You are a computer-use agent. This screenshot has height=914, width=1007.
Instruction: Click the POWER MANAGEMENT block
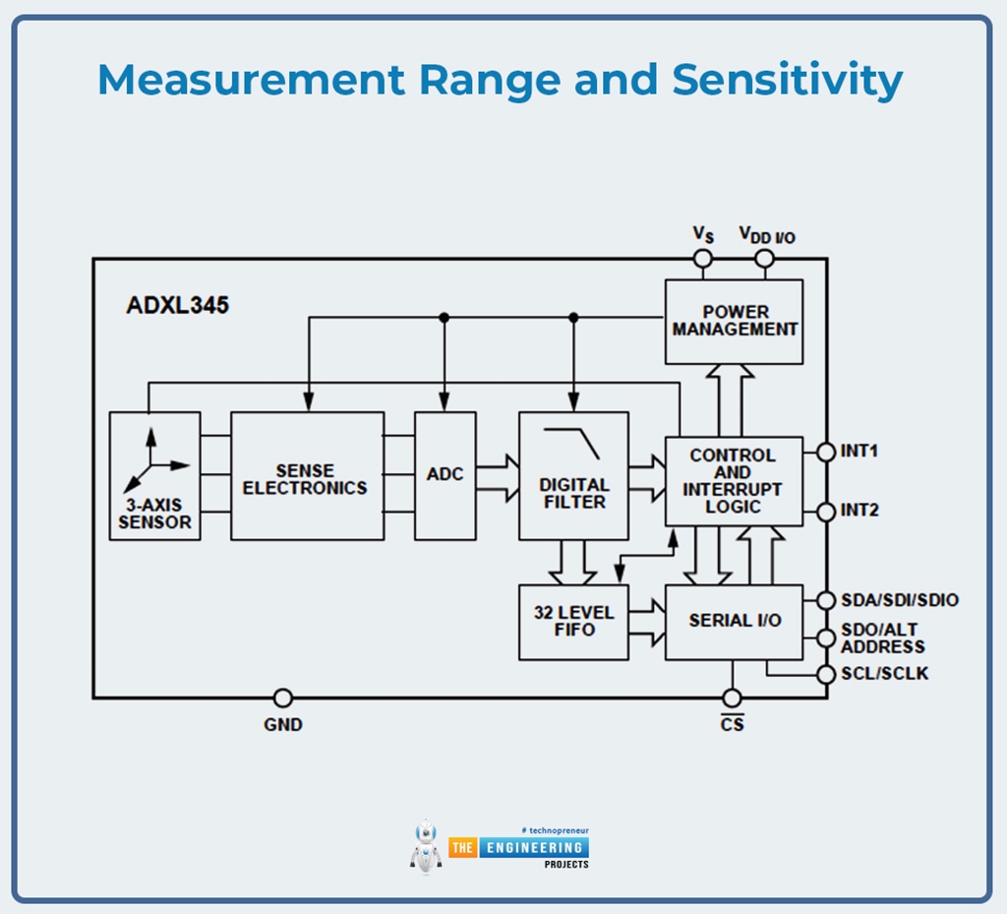pos(734,322)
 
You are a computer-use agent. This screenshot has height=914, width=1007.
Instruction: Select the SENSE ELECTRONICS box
pos(307,476)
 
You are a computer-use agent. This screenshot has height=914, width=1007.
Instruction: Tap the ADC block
pos(444,476)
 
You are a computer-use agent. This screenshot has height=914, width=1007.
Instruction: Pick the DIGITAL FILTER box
pos(573,476)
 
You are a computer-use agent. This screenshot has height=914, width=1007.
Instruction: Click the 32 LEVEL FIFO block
pos(573,621)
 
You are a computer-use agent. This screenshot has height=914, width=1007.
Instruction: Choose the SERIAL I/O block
pos(734,621)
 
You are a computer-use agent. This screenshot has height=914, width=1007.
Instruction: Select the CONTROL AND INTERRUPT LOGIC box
pos(734,481)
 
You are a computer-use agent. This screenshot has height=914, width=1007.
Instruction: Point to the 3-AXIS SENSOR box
pos(154,476)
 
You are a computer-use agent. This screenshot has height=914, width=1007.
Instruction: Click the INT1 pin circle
pos(826,452)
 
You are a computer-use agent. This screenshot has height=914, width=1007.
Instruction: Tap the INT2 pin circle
pos(826,512)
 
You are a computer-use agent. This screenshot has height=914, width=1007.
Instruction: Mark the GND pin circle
pos(282,698)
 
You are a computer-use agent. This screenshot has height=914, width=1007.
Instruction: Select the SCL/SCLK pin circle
pos(826,675)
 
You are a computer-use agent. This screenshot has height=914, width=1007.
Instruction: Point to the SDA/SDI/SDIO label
pos(899,600)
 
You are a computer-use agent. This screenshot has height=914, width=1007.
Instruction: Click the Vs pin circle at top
pos(702,259)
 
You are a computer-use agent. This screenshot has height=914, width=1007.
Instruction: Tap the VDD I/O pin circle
pos(764,259)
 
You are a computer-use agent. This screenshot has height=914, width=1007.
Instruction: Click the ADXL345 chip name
pos(177,305)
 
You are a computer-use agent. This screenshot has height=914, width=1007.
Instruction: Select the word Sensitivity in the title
pos(787,81)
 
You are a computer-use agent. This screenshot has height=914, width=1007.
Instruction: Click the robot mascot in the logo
pos(426,845)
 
